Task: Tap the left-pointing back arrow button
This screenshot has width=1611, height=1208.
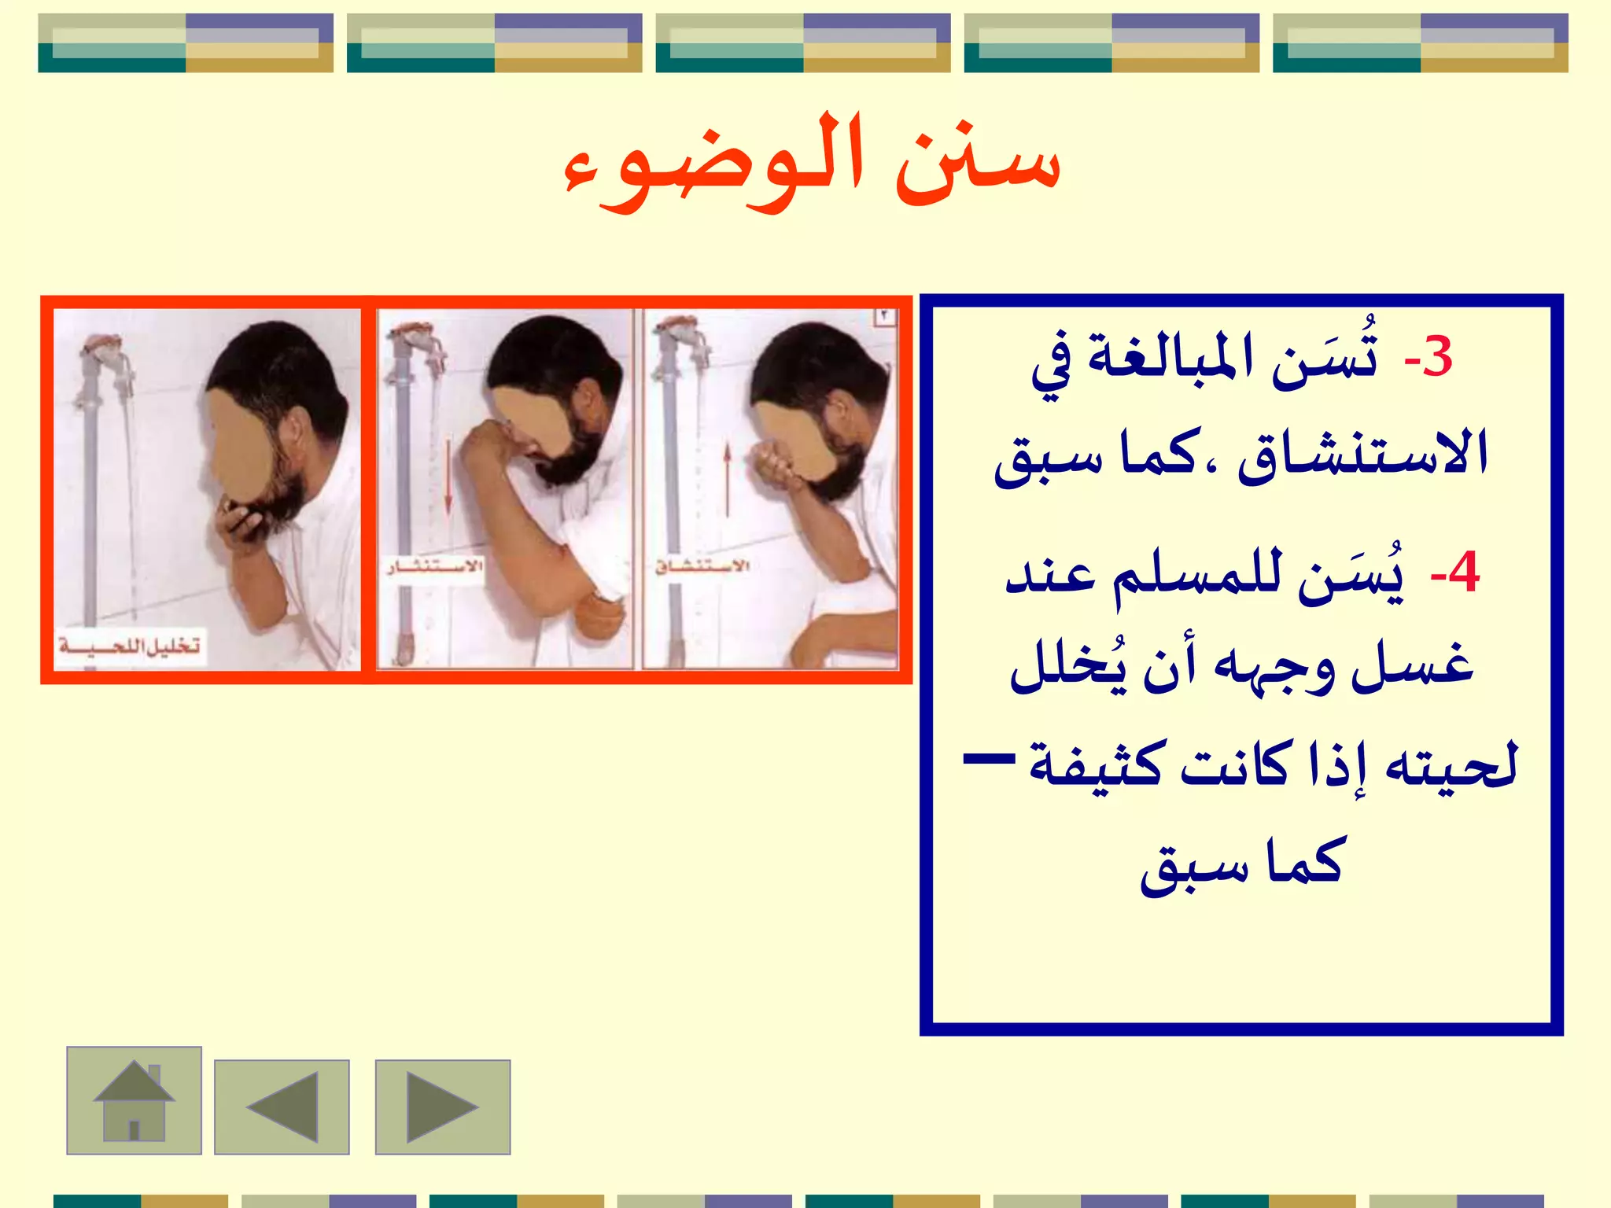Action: (282, 1107)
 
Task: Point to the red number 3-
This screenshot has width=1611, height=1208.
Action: (1428, 358)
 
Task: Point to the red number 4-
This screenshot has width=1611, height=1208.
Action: (1454, 574)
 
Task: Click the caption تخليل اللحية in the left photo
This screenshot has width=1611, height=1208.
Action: (131, 647)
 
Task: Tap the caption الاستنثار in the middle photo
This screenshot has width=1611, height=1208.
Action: (434, 566)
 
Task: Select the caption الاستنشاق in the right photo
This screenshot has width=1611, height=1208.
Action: (702, 566)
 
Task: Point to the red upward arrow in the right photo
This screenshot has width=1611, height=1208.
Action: (728, 480)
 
